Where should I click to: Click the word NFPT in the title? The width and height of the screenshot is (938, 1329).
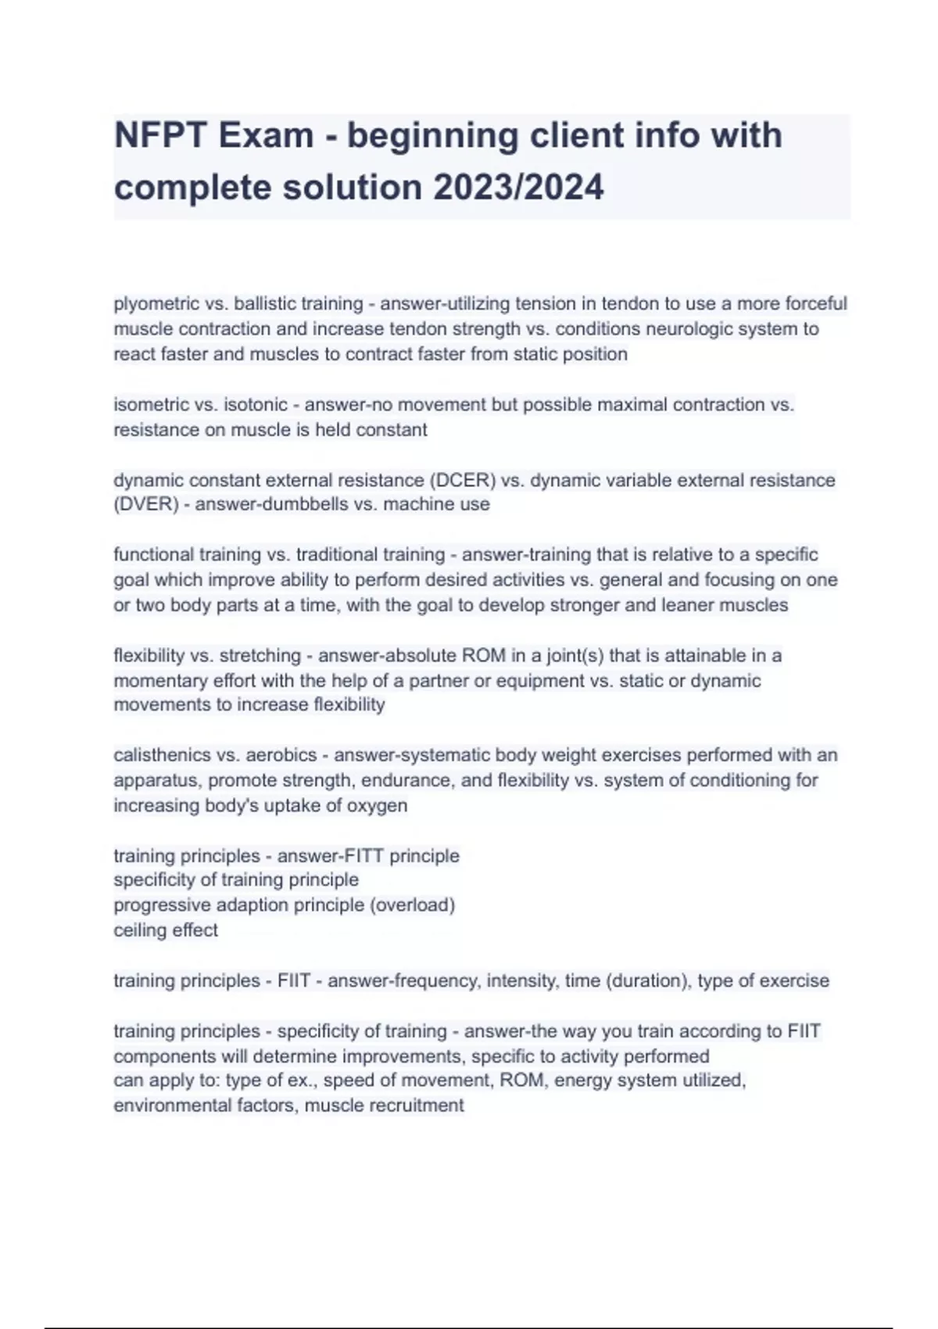click(x=159, y=136)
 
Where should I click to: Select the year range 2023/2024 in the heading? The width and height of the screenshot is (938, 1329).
click(x=518, y=188)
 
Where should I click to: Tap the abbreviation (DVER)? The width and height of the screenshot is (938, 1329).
click(x=147, y=504)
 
